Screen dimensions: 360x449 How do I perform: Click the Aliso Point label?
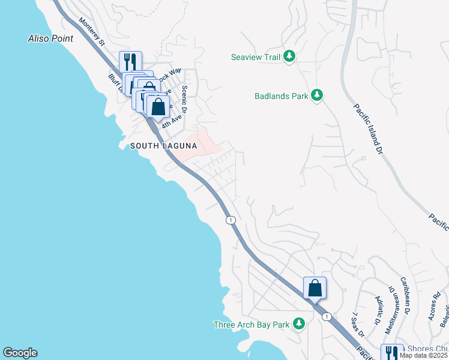point(50,39)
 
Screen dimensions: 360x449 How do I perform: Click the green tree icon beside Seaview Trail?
point(290,56)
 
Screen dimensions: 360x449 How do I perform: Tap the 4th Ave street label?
point(172,119)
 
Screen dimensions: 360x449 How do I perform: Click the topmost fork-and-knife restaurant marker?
point(130,61)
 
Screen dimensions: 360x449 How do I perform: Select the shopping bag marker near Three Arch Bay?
point(315,288)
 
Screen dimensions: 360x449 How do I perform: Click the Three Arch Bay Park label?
point(252,325)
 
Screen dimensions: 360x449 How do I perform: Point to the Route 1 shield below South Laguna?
point(231,221)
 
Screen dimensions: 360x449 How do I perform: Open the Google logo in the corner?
point(20,353)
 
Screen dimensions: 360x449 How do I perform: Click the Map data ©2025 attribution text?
point(423,355)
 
